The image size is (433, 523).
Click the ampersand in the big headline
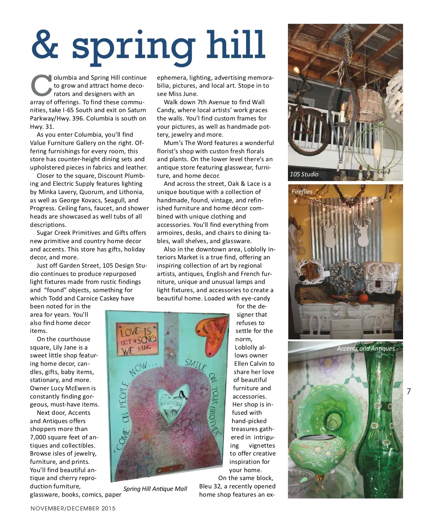pos(45,45)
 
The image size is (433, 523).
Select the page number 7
pos(409,391)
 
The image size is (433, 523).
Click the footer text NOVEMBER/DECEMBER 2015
pos(73,509)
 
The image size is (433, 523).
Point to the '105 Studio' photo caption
pos(304,174)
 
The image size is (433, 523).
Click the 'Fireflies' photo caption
pos(302,192)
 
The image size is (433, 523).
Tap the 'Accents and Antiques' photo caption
pos(366,348)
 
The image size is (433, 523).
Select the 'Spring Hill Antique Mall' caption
pos(155,489)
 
